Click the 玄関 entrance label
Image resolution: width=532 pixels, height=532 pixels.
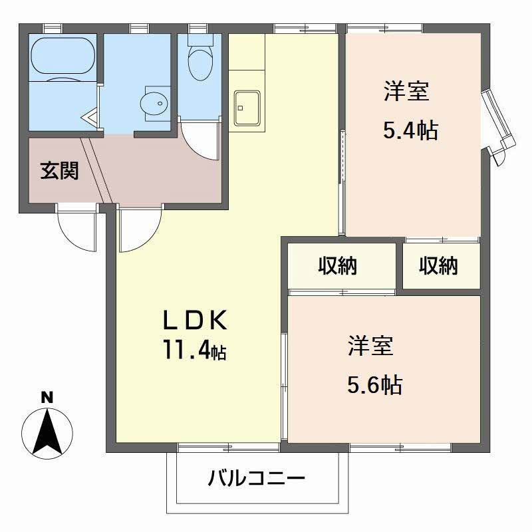click(60, 171)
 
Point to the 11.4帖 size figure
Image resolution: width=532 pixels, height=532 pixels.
click(195, 349)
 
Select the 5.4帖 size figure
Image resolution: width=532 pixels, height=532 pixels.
click(410, 130)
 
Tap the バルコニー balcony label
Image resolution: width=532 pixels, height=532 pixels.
click(256, 478)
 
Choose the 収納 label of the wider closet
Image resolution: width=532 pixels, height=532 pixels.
click(337, 266)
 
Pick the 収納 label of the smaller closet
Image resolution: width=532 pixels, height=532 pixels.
click(438, 266)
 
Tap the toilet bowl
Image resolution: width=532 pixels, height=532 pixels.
click(198, 63)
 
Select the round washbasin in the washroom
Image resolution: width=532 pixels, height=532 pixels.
click(154, 102)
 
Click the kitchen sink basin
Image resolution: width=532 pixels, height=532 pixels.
click(247, 106)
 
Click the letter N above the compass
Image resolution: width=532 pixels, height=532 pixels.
click(47, 398)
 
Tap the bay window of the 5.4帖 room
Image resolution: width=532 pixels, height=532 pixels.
click(499, 123)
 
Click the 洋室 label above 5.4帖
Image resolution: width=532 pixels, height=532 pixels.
click(406, 91)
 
